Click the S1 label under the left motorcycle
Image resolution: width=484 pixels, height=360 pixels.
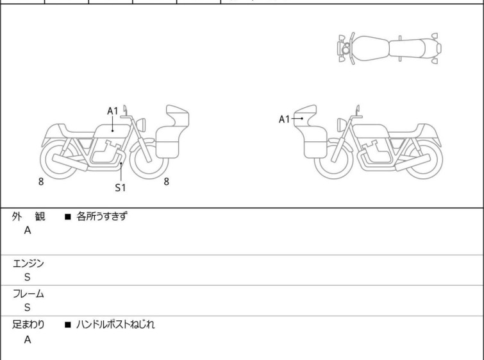[121, 187]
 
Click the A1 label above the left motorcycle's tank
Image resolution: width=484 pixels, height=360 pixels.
[113, 111]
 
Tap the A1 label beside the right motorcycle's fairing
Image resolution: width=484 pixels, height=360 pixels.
[284, 119]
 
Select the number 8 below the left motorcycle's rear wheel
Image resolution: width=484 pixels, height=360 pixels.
[41, 182]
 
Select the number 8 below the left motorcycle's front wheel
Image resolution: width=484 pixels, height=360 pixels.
[167, 182]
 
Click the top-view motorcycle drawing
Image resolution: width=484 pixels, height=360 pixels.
[389, 49]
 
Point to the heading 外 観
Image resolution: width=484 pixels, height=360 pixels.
[28, 216]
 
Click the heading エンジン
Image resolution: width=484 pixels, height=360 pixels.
[28, 263]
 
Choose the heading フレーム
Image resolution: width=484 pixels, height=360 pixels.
[28, 293]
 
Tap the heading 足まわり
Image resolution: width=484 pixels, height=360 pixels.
[28, 325]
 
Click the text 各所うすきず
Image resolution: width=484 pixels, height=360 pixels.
[101, 216]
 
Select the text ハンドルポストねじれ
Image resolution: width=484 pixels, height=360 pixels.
[115, 325]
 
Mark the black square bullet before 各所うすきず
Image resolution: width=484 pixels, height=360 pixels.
[68, 217]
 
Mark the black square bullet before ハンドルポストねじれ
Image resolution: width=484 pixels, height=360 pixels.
[68, 325]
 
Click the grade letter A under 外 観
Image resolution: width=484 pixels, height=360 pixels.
[28, 230]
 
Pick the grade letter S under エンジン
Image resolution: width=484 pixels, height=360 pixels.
[28, 277]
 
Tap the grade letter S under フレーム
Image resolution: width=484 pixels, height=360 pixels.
[28, 307]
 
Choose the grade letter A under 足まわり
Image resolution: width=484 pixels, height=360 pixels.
[28, 339]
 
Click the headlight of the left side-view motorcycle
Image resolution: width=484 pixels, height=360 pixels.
[141, 125]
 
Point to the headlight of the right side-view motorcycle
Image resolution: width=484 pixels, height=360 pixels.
[342, 125]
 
